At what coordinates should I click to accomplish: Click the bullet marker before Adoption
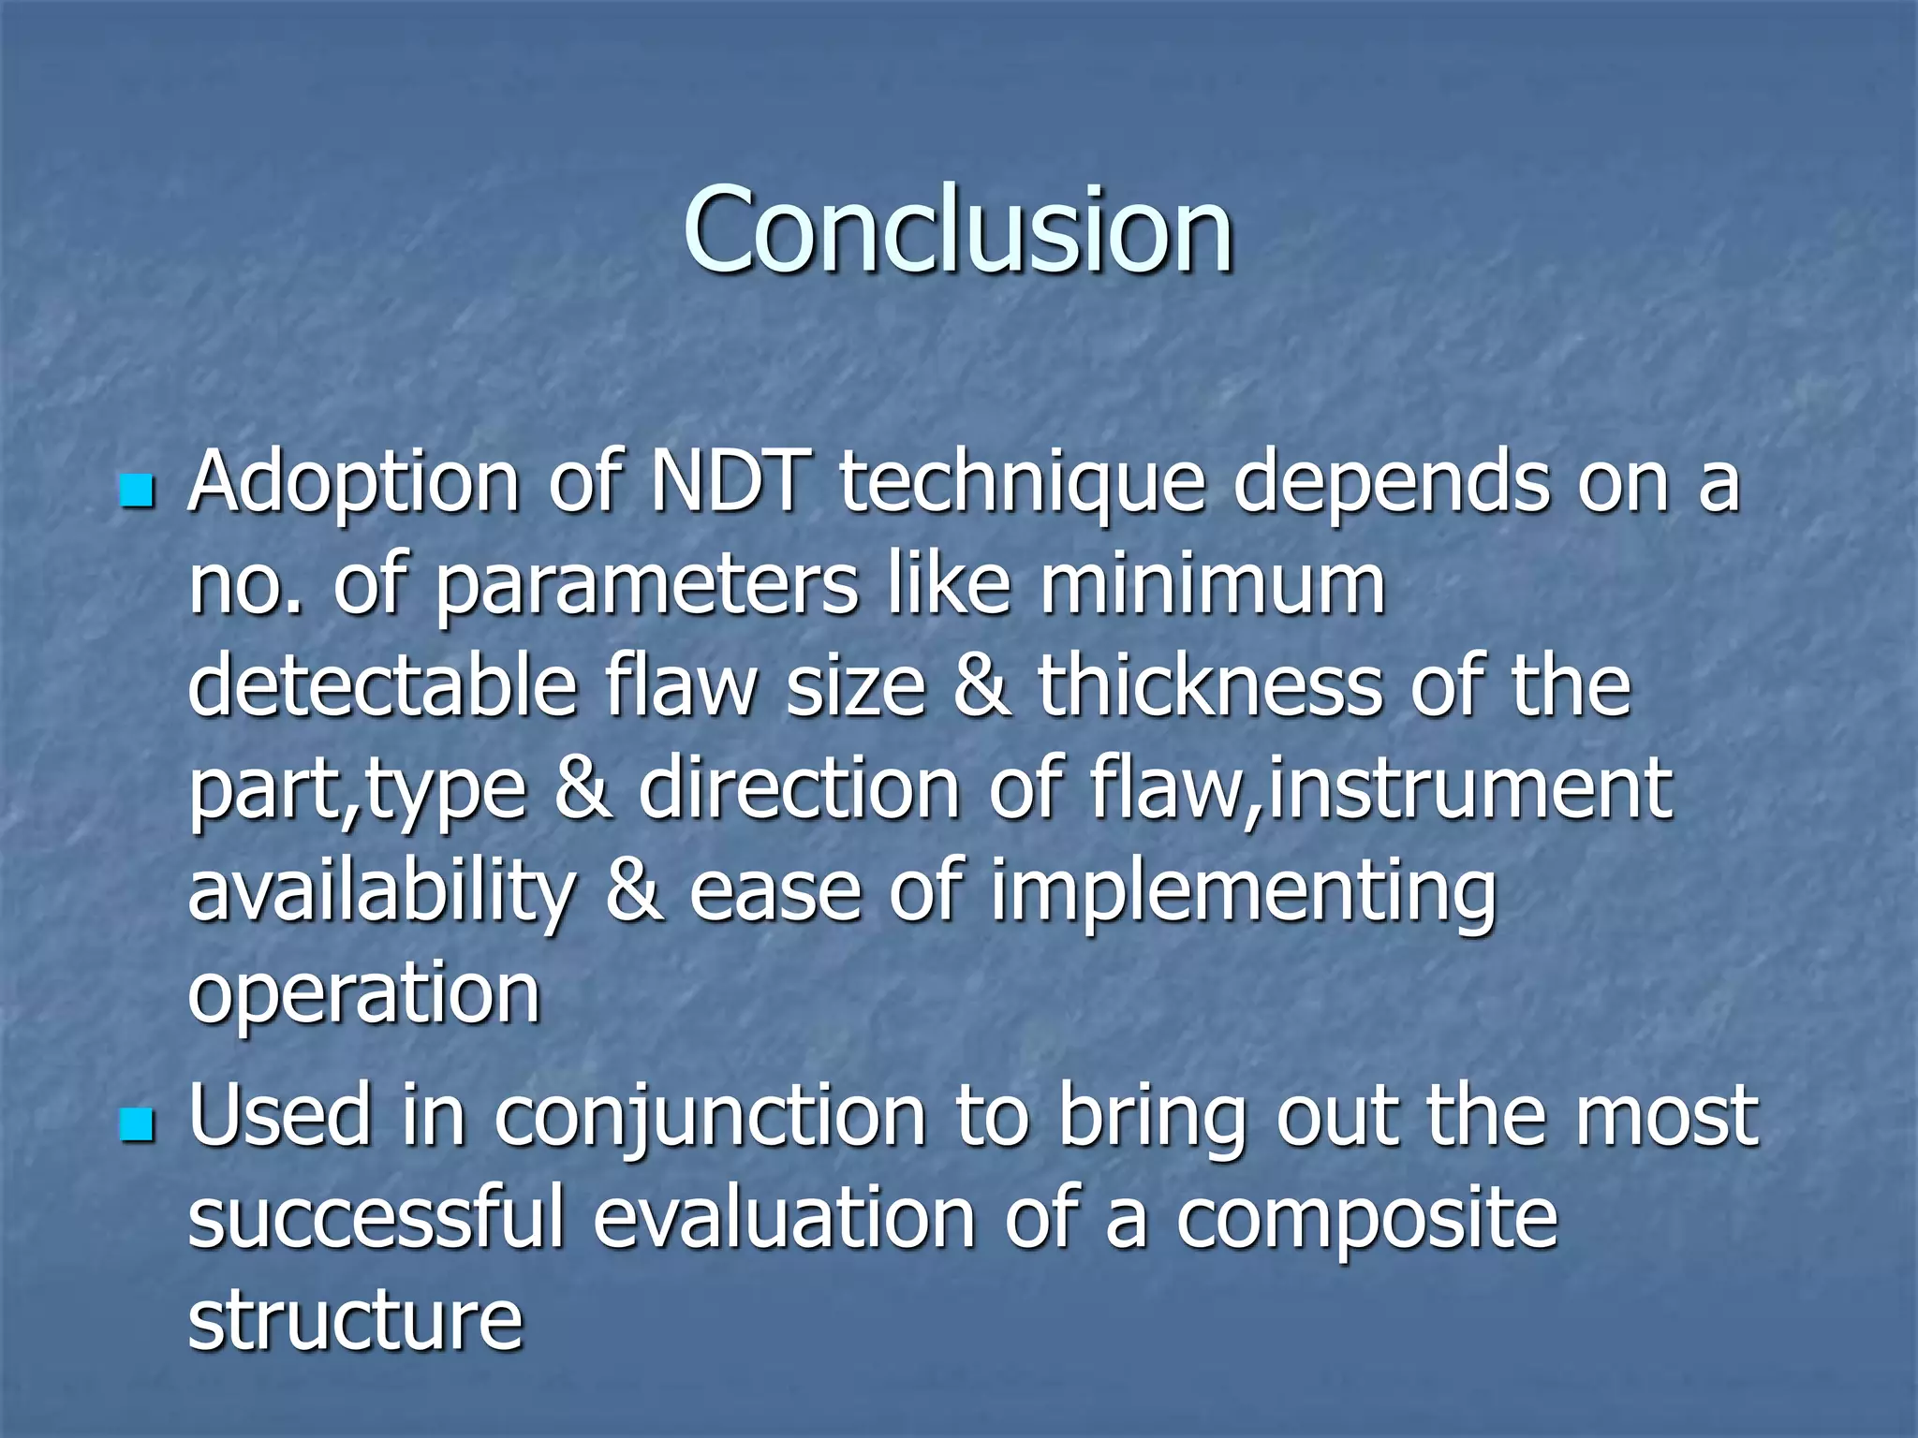point(137,490)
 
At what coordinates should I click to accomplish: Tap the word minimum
point(1212,585)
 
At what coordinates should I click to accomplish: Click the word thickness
point(1209,685)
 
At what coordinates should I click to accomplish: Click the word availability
point(381,892)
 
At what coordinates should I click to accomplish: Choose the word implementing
point(1243,892)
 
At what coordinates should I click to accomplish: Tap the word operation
point(364,995)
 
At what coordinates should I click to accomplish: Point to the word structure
point(355,1319)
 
